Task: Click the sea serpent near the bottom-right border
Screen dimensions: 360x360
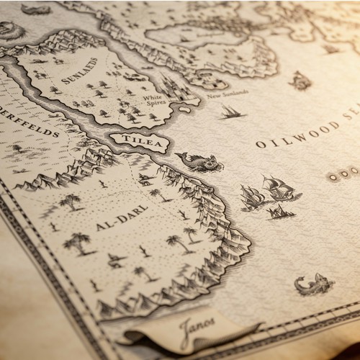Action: [313, 285]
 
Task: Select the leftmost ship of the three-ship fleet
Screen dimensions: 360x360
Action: [251, 196]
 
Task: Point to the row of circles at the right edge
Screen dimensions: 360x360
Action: [344, 174]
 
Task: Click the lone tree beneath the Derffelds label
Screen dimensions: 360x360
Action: [16, 148]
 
